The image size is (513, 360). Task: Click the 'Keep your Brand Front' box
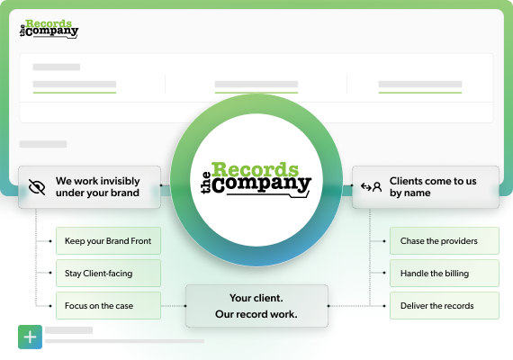(108, 240)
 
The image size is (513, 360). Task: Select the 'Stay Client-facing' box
(108, 273)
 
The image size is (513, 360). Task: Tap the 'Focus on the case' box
(108, 305)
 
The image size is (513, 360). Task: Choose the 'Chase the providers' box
(445, 240)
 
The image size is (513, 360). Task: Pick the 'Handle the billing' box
(445, 273)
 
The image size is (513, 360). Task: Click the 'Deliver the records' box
(445, 305)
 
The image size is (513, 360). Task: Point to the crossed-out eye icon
(37, 187)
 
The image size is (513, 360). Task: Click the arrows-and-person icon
(371, 187)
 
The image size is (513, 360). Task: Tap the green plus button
(30, 337)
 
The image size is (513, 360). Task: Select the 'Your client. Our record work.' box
(256, 306)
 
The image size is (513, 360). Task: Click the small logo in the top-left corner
(49, 29)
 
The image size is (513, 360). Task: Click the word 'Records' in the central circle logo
(256, 169)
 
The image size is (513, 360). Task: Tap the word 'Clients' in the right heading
(405, 181)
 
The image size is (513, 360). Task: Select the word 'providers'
(459, 241)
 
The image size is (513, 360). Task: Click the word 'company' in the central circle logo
(262, 184)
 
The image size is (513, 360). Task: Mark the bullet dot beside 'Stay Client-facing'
(50, 273)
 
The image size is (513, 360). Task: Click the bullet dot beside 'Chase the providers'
(384, 241)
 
